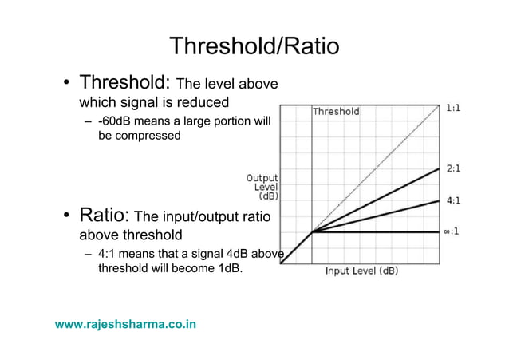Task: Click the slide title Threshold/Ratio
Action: point(254,45)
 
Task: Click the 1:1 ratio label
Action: point(452,106)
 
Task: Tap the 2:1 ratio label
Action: point(452,168)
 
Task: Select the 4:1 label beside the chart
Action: point(452,200)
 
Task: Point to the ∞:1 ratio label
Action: point(451,232)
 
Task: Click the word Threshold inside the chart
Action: point(336,112)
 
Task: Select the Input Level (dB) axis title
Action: point(361,271)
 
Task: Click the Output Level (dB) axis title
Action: point(262,186)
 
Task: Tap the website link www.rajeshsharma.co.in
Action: point(126,324)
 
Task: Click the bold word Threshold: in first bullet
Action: point(124,82)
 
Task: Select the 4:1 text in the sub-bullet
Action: point(109,255)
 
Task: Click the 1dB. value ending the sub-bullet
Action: point(224,268)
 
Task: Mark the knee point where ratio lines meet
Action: point(312,232)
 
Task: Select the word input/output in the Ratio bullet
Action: point(205,217)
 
